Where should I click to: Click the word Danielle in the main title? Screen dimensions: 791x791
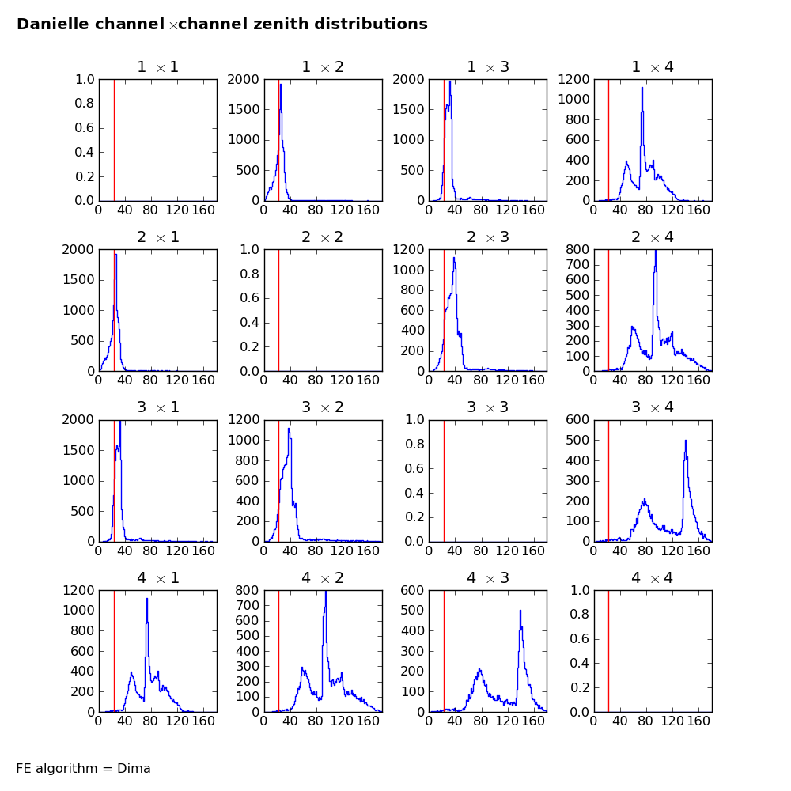pyautogui.click(x=51, y=25)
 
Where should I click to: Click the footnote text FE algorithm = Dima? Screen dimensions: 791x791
pyautogui.click(x=83, y=769)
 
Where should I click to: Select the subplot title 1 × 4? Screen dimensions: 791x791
pyautogui.click(x=653, y=67)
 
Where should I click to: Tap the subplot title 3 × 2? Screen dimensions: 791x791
pyautogui.click(x=323, y=407)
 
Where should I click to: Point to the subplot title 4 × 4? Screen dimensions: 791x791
pyautogui.click(x=653, y=578)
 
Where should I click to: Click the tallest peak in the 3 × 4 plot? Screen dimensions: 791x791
pyautogui.click(x=686, y=441)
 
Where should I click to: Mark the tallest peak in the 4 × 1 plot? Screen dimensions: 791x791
pyautogui.click(x=147, y=600)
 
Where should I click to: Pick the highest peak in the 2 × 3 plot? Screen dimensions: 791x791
pyautogui.click(x=454, y=258)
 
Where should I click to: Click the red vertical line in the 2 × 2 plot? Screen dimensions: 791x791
pyautogui.click(x=278, y=310)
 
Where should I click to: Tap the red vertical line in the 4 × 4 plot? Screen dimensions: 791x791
pyautogui.click(x=608, y=651)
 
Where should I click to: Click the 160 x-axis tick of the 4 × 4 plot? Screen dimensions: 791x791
pyautogui.click(x=698, y=721)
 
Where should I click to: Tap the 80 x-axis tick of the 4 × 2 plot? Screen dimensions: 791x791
pyautogui.click(x=316, y=721)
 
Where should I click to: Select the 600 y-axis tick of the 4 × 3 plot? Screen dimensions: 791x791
pyautogui.click(x=413, y=590)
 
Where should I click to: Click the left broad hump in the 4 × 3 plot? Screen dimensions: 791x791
pyautogui.click(x=479, y=671)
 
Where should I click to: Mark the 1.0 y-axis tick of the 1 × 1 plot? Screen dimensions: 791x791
pyautogui.click(x=85, y=79)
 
